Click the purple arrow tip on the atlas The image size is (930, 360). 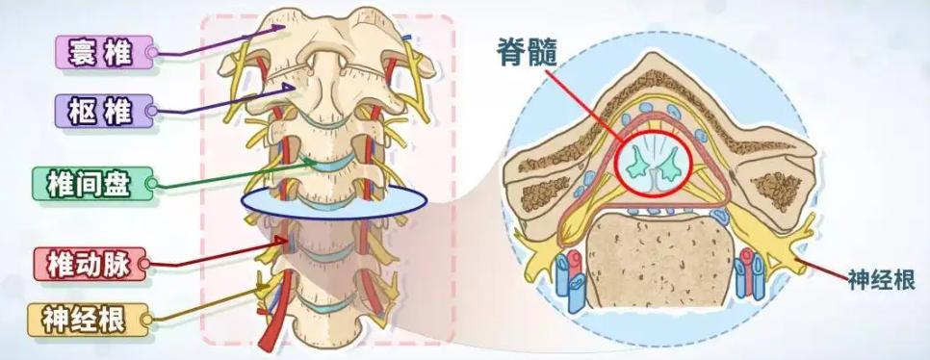pyautogui.click(x=288, y=27)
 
